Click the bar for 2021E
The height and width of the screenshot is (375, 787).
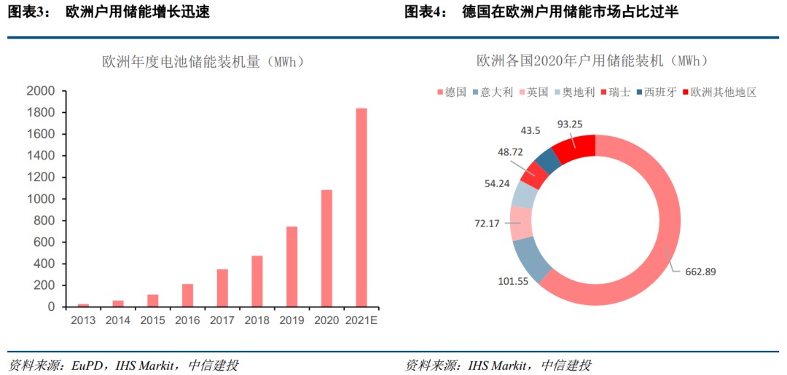[361, 208]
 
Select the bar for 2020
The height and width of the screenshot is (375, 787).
[326, 248]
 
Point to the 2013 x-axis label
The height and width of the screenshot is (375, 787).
[83, 320]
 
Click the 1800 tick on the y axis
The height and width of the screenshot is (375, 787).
[41, 113]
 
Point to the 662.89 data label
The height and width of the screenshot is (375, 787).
[700, 272]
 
